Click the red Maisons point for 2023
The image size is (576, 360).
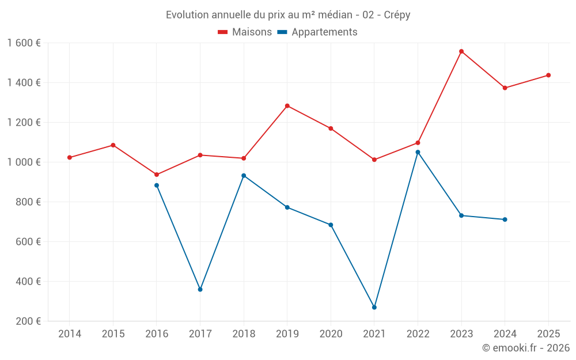461,51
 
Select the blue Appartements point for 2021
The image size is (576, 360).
374,308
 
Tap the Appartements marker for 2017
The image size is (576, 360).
200,289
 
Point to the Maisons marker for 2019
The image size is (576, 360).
287,106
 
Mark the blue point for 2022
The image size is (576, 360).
418,152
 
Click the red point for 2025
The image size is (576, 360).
548,75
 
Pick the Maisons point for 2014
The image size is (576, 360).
70,157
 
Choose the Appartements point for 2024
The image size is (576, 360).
505,219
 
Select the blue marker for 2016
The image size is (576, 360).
157,185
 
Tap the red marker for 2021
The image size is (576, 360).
374,160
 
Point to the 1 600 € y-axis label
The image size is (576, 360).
24,43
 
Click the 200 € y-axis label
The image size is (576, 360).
28,321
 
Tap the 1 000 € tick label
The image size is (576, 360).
24,162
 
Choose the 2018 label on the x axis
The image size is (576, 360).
244,334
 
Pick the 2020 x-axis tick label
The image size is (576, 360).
331,334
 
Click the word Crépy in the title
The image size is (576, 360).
397,15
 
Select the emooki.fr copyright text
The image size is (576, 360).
526,348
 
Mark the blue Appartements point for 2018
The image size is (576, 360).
244,176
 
